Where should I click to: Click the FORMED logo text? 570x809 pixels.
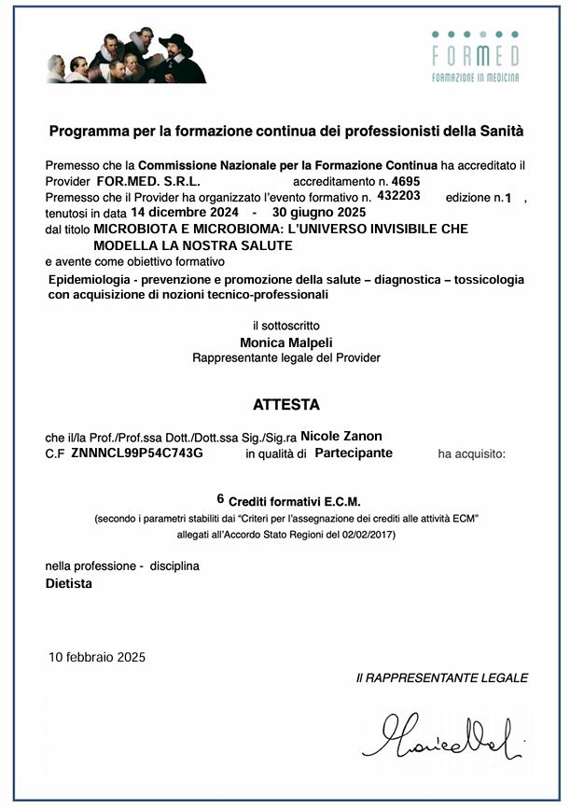coord(475,56)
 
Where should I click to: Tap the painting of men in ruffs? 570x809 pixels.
coord(126,56)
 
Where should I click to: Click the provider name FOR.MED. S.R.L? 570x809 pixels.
coord(148,180)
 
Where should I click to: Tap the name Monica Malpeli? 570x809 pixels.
coord(285,342)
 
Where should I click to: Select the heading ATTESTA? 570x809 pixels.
coord(285,405)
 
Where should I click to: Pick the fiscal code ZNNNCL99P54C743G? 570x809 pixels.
coord(136,453)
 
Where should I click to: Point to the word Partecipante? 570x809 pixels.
coord(354,453)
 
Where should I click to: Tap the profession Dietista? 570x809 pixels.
coord(69,583)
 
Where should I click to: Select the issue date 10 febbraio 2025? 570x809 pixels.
coord(97,657)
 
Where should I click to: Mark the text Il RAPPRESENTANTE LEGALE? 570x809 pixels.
coord(441,677)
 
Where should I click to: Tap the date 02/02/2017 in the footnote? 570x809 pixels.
coord(367,534)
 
